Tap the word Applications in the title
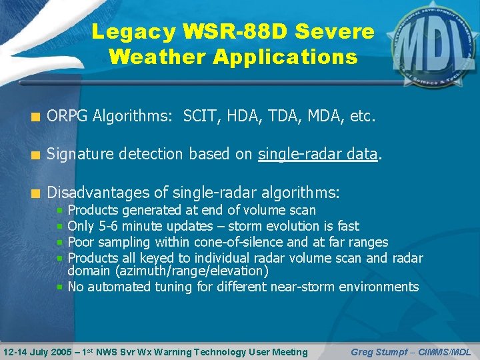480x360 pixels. [285, 57]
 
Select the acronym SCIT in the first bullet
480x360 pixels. [198, 117]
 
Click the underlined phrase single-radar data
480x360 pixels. [318, 155]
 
